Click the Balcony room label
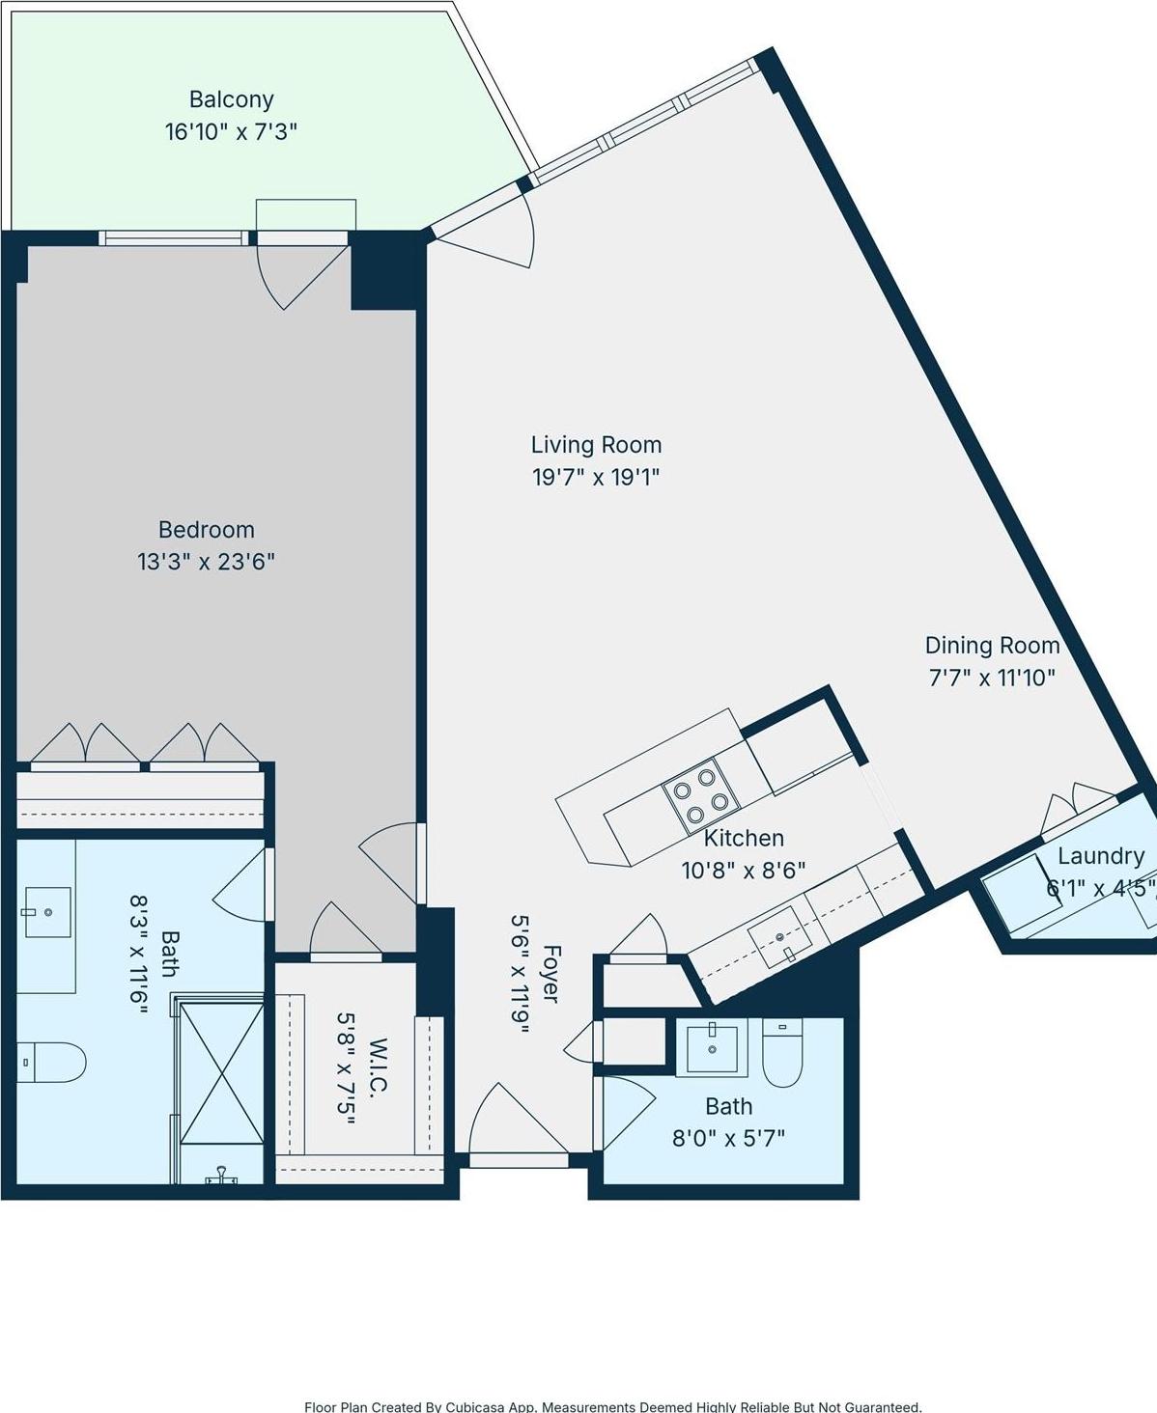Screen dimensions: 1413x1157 231,99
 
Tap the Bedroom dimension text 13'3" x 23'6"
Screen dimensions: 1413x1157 206,562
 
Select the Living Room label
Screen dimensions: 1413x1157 596,445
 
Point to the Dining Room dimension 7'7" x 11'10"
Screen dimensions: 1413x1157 992,678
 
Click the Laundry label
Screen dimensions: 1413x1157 1100,856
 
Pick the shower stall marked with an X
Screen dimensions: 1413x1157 222,1072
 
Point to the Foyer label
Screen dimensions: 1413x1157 550,974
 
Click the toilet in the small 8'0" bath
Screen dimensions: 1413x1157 782,1052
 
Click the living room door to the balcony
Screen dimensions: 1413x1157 493,232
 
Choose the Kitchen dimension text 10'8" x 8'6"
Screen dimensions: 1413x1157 743,871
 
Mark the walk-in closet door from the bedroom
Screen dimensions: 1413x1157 342,933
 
